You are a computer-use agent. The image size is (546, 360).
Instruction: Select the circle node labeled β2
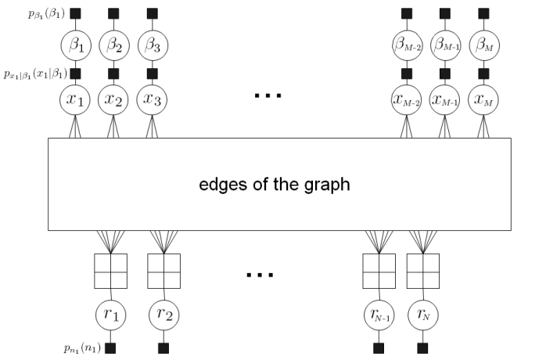pos(113,44)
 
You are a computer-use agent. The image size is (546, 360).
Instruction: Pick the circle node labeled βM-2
pos(407,44)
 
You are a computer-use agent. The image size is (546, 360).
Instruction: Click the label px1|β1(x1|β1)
pos(36,74)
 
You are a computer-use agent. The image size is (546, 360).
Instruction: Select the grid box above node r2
pos(163,271)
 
